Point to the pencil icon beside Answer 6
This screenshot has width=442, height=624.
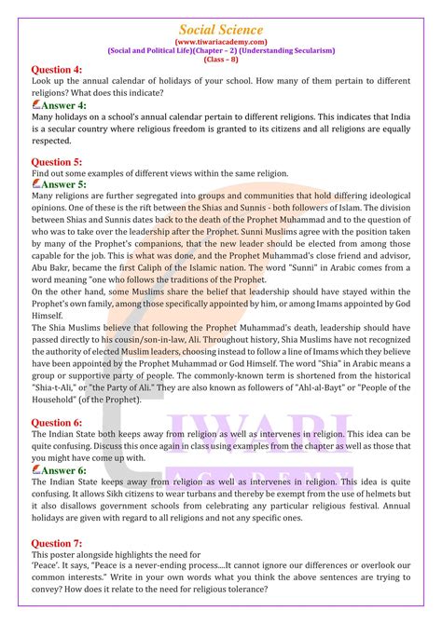pos(37,470)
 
